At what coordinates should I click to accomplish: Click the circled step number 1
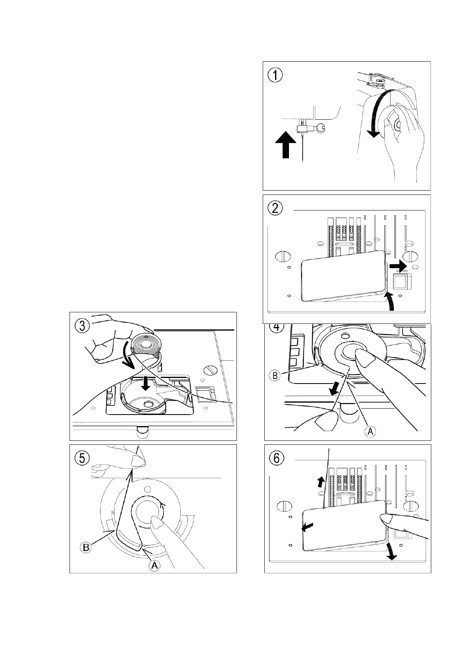(275, 75)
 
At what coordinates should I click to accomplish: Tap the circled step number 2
(275, 208)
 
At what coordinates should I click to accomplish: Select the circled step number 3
(82, 326)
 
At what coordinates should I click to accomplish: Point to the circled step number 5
(82, 458)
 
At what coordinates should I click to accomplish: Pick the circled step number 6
(276, 458)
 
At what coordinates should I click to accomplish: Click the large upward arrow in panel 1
(286, 145)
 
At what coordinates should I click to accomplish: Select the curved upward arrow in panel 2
(392, 301)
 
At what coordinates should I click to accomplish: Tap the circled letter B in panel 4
(275, 375)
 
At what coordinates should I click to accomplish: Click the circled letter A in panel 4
(370, 431)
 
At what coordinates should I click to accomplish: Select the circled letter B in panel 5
(86, 547)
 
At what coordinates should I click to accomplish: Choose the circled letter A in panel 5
(155, 565)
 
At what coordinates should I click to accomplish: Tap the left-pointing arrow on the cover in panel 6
(308, 528)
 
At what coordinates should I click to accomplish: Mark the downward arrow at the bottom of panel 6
(391, 552)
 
